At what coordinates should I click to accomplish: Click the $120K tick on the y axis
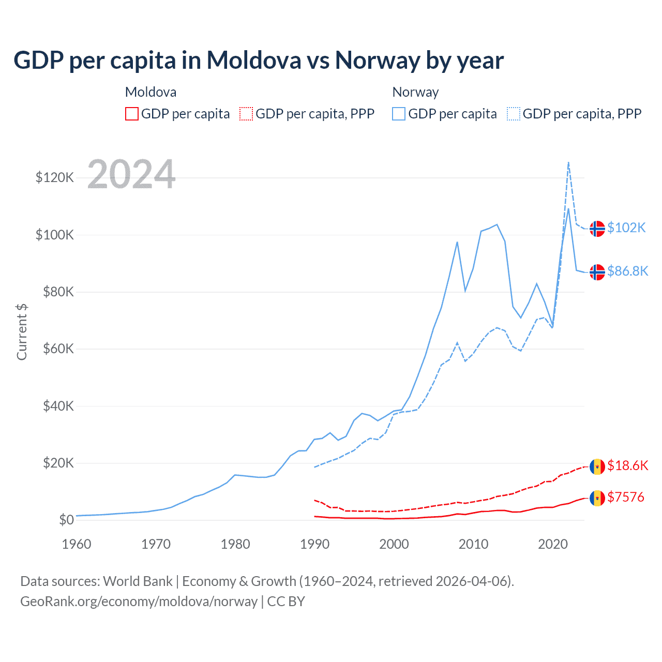click(x=55, y=178)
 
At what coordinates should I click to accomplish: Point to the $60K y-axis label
click(x=58, y=349)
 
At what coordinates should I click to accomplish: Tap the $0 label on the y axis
click(x=66, y=520)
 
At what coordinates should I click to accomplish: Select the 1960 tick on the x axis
click(x=77, y=544)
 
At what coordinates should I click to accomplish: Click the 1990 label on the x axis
click(x=314, y=544)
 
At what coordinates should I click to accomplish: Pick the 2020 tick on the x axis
click(x=553, y=544)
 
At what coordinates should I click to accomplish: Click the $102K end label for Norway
click(x=626, y=228)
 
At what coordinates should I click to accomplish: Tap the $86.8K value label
click(x=627, y=271)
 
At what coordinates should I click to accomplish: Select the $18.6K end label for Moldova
click(x=627, y=465)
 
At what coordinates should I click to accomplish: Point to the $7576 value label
click(x=626, y=498)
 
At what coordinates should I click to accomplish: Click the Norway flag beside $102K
click(x=597, y=229)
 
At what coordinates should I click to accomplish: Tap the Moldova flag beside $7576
click(x=597, y=498)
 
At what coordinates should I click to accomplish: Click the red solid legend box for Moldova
click(x=132, y=114)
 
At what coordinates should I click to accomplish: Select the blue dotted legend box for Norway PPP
click(x=514, y=114)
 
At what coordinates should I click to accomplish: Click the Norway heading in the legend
click(x=415, y=92)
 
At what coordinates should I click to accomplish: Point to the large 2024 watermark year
click(x=131, y=174)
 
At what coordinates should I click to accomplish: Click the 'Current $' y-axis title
click(x=22, y=332)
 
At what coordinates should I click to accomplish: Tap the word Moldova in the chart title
click(x=254, y=60)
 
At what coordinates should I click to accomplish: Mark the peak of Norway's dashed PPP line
click(x=568, y=162)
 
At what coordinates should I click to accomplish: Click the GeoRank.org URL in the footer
click(x=139, y=601)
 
